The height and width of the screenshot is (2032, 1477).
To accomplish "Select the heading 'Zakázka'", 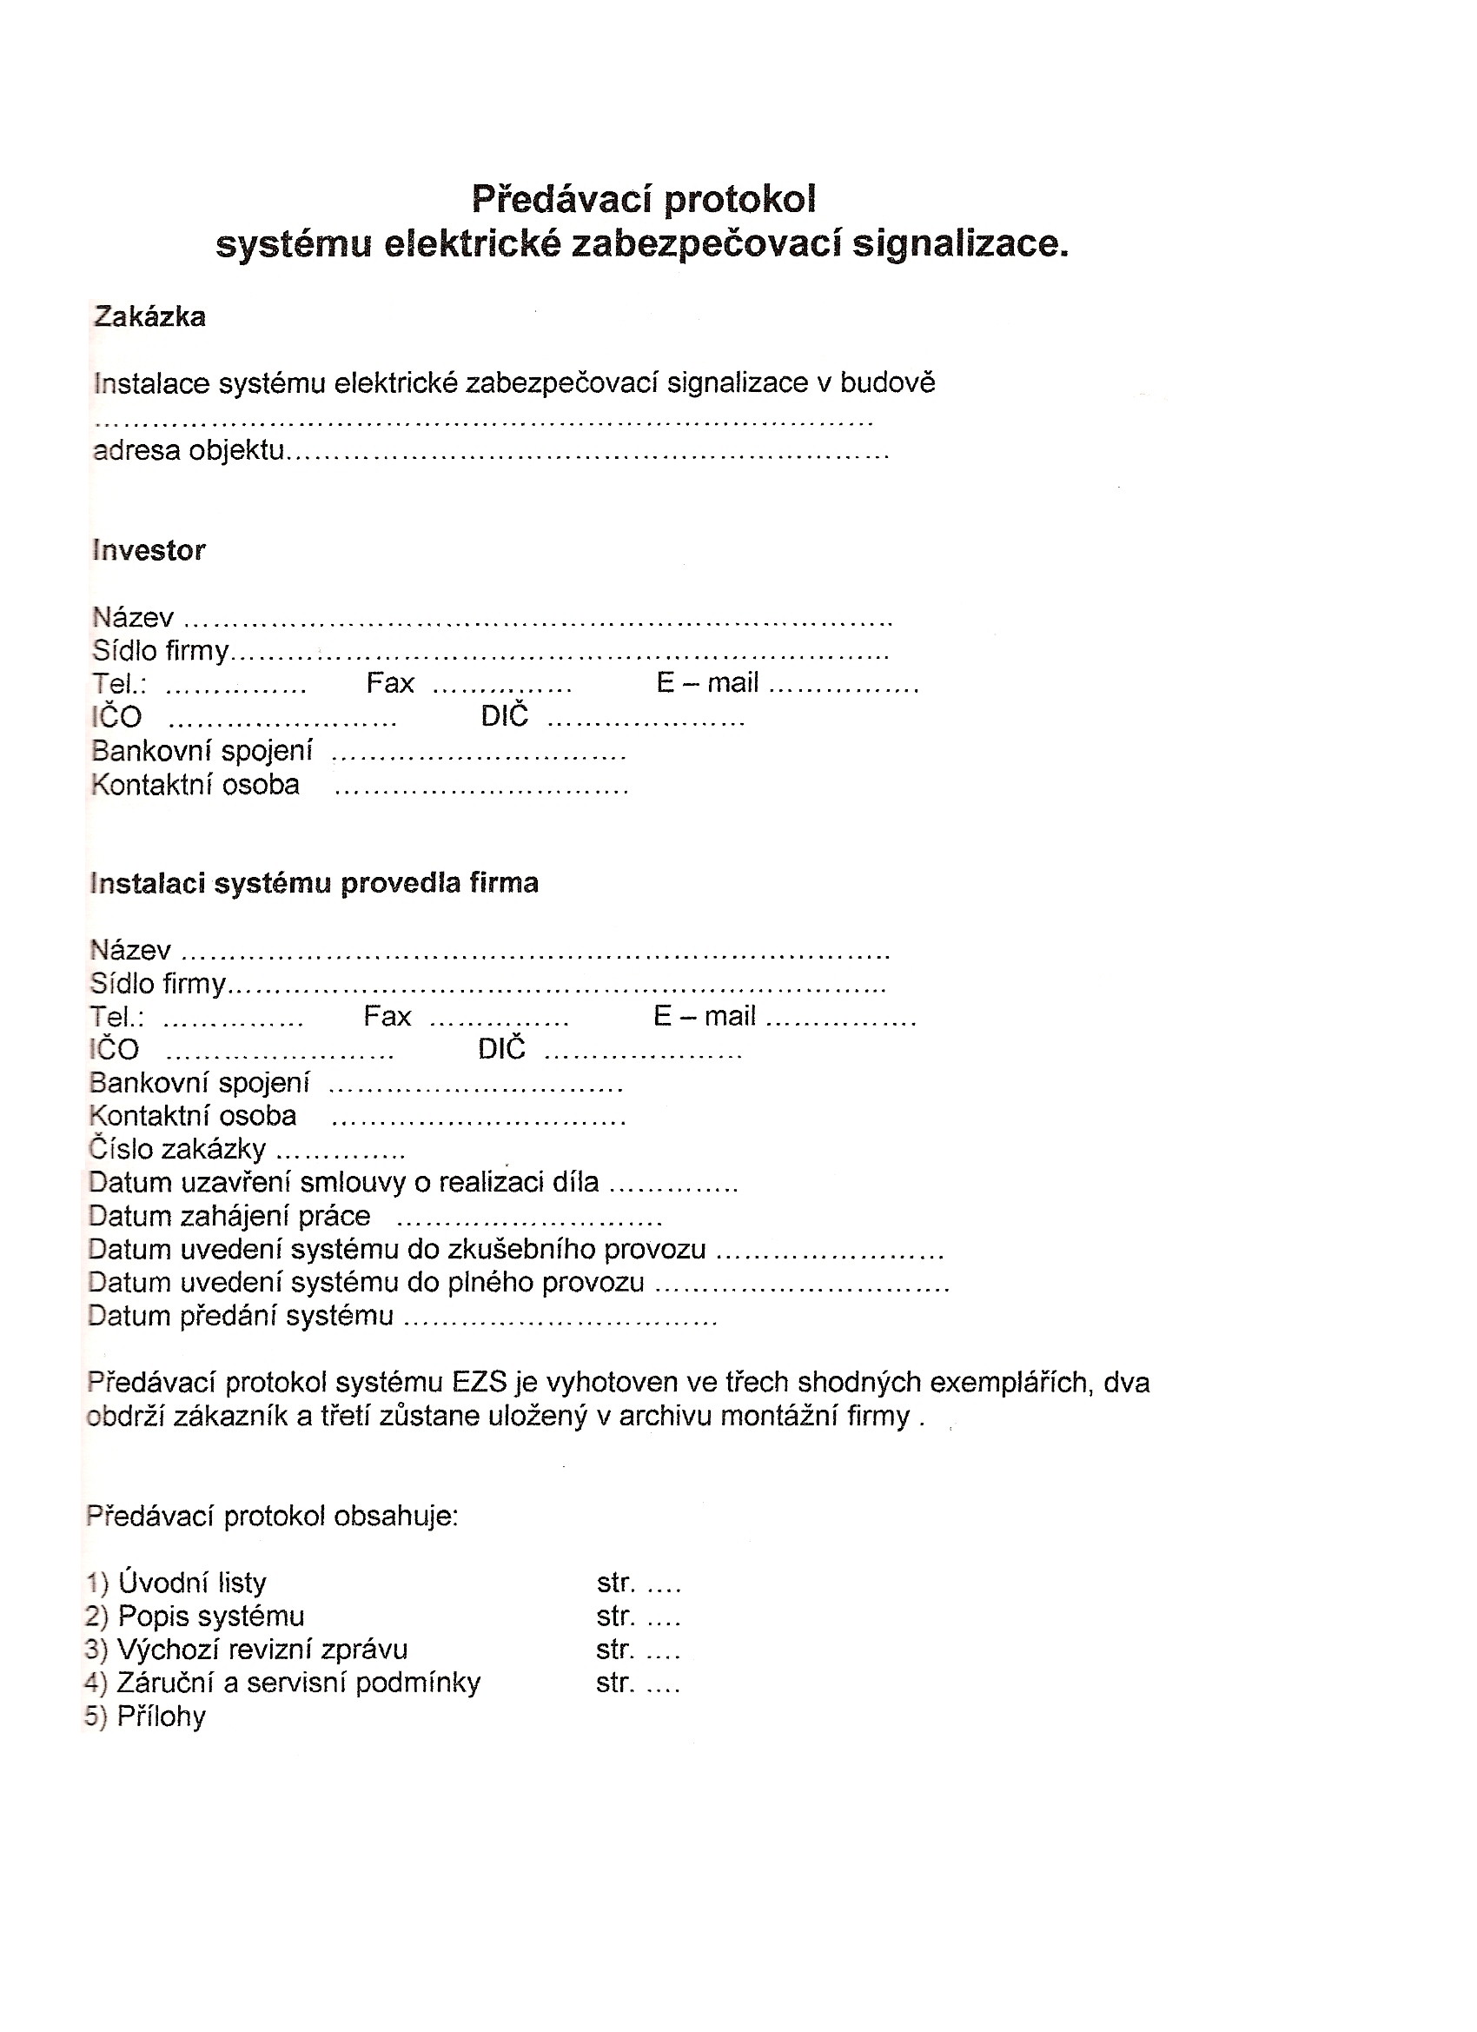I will [x=149, y=316].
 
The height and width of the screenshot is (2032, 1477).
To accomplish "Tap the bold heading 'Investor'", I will [x=149, y=550].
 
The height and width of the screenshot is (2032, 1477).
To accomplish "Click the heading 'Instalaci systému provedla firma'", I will [x=315, y=882].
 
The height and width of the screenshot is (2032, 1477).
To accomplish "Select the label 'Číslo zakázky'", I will [x=177, y=1149].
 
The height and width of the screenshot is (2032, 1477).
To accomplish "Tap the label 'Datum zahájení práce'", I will [x=229, y=1216].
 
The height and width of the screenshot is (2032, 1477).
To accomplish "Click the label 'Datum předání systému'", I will [x=241, y=1315].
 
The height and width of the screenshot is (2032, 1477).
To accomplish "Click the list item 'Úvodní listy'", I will [x=192, y=1584].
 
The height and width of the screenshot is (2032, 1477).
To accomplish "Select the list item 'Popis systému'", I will [x=210, y=1617].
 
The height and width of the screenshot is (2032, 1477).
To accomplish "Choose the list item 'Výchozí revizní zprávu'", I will [x=262, y=1650].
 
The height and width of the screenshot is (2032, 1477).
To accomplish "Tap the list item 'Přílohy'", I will [x=162, y=1716].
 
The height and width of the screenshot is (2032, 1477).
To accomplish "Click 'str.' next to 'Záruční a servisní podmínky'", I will [x=615, y=1683].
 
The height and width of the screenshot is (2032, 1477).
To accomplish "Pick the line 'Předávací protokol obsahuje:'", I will [x=272, y=1516].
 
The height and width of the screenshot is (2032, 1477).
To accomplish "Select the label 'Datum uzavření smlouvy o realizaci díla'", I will [x=344, y=1183].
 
